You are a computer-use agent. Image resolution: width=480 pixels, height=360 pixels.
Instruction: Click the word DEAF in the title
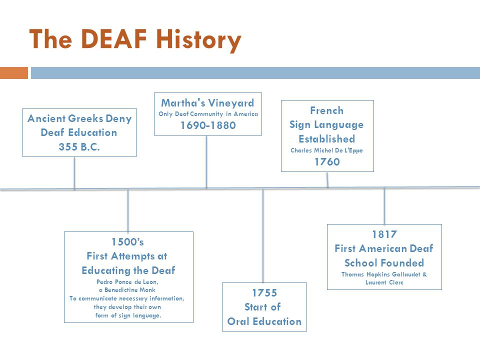[114, 39]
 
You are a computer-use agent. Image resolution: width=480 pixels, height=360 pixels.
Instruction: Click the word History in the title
[198, 40]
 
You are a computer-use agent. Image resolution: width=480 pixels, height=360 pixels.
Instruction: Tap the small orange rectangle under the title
[14, 73]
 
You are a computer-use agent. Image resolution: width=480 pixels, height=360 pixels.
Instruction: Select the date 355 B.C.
[79, 147]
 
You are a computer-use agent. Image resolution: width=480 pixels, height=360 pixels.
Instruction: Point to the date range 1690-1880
[208, 125]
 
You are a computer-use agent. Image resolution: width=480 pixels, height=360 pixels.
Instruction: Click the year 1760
[327, 161]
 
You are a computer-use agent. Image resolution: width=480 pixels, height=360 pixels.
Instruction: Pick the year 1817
[384, 234]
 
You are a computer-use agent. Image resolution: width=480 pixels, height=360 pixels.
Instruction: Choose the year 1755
[264, 293]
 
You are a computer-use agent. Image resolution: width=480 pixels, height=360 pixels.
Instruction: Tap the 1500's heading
[127, 242]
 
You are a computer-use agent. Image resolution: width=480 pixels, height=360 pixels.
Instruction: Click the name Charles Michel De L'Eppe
[326, 150]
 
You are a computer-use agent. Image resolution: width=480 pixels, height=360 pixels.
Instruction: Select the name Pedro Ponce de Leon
[127, 281]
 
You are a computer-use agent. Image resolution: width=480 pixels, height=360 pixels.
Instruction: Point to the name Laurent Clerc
[384, 282]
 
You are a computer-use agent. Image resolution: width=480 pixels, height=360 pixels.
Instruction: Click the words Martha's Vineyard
[207, 103]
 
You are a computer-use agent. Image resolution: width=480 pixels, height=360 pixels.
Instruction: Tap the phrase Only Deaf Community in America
[208, 114]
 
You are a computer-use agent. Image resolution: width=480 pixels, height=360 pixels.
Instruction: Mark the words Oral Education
[264, 321]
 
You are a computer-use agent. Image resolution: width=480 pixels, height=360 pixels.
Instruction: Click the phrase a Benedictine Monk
[127, 290]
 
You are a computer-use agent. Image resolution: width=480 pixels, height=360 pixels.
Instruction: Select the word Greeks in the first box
[85, 118]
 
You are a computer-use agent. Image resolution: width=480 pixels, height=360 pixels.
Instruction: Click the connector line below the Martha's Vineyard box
[206, 161]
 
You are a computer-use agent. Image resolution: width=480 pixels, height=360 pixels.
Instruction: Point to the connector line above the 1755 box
[263, 235]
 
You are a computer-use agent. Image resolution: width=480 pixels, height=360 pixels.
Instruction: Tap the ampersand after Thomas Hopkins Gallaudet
[424, 274]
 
